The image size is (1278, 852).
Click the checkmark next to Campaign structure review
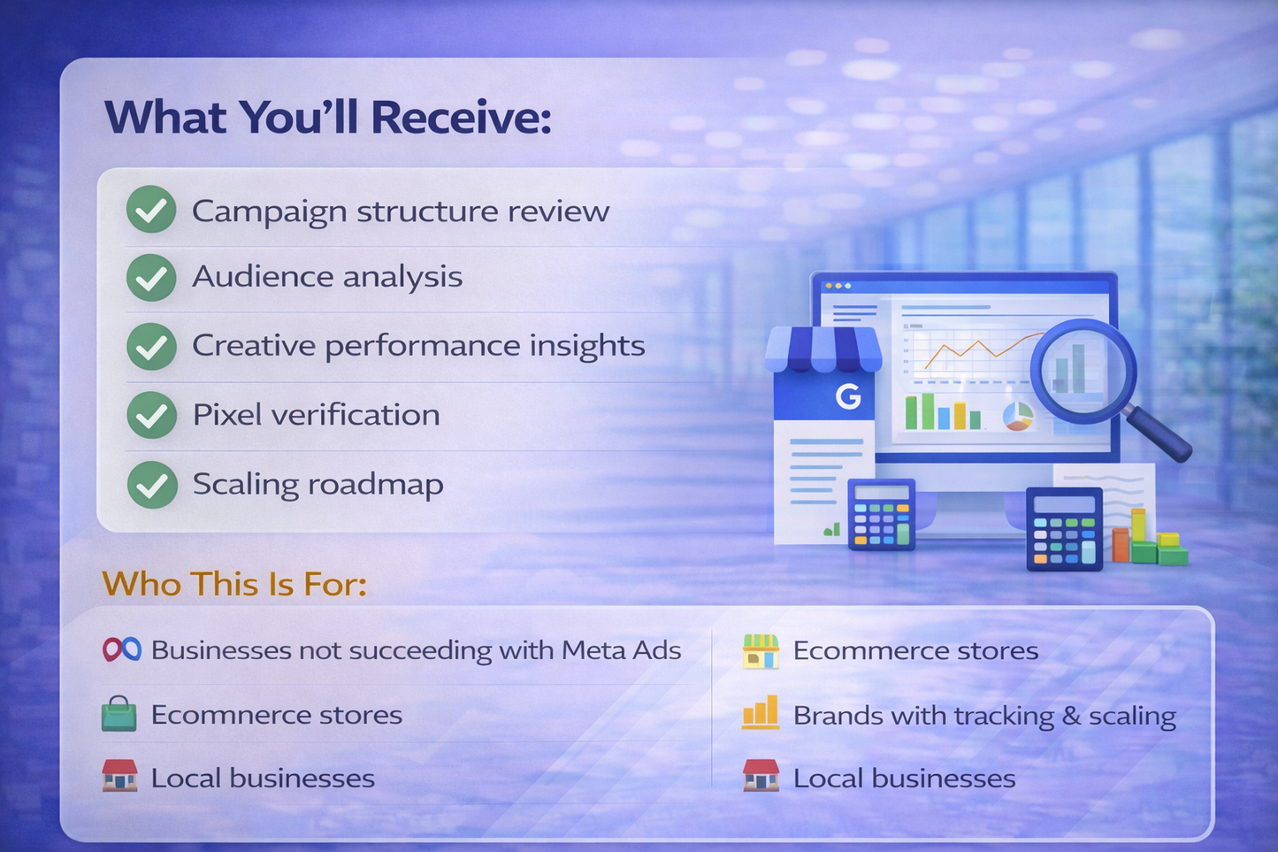151,210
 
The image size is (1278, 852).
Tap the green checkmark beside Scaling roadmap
152,484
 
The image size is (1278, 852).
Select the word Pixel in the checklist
218,414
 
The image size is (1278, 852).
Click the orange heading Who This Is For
234,584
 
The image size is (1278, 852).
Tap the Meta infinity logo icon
121,650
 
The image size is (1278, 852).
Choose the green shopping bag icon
119,714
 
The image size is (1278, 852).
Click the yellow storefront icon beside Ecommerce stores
761,651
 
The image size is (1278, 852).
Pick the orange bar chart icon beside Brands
761,713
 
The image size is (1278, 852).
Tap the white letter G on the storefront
848,396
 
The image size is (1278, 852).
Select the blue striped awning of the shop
823,349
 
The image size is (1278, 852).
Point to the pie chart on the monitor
1018,415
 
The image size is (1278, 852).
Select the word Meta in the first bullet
593,650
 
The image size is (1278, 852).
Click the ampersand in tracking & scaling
1071,716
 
